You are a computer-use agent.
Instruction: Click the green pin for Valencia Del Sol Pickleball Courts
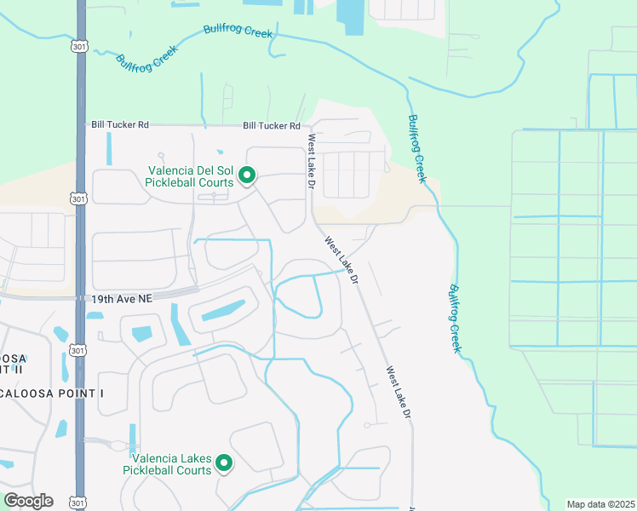click(247, 175)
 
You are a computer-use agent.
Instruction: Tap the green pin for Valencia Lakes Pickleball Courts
click(224, 462)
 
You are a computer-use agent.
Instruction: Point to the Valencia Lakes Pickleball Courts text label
click(167, 464)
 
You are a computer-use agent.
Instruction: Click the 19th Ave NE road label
click(121, 299)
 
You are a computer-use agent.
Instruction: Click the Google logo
click(28, 501)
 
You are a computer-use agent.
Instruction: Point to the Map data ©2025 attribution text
click(600, 504)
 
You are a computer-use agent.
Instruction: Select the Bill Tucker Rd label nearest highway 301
click(120, 125)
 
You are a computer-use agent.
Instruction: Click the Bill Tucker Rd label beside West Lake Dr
click(271, 126)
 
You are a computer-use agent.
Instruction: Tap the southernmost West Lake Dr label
click(399, 393)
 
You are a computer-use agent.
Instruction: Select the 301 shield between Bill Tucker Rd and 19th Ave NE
click(78, 199)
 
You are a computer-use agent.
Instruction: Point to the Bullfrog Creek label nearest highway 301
click(140, 63)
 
